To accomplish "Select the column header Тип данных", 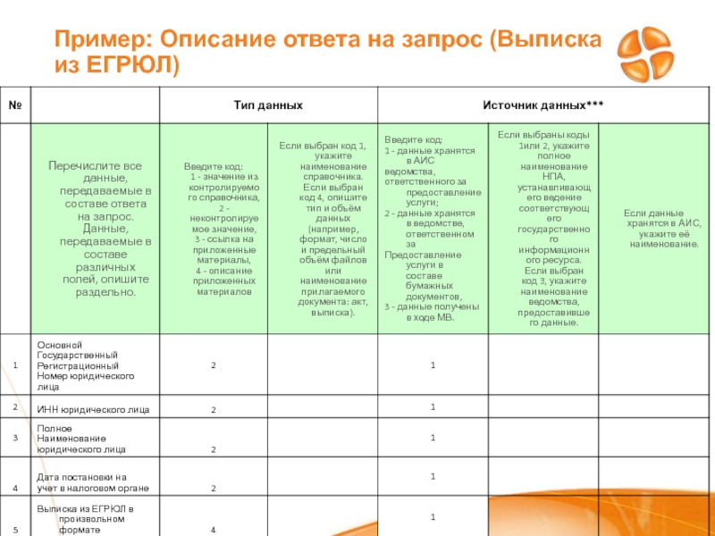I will pos(268,105).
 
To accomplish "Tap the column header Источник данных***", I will pos(543,105).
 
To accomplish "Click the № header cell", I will pos(15,105).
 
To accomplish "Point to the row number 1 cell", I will pos(15,366).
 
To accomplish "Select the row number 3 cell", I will pos(15,439).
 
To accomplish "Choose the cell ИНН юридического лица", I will pos(93,410).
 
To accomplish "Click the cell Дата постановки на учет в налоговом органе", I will pos(93,483).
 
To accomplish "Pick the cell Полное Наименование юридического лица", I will pos(81,439).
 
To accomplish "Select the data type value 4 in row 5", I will pos(214,531).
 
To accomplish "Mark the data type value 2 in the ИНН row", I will pos(214,410).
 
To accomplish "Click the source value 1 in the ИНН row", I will pos(433,407).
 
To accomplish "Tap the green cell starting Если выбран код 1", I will pos(322,229).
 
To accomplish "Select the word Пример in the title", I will pos(90,40).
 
